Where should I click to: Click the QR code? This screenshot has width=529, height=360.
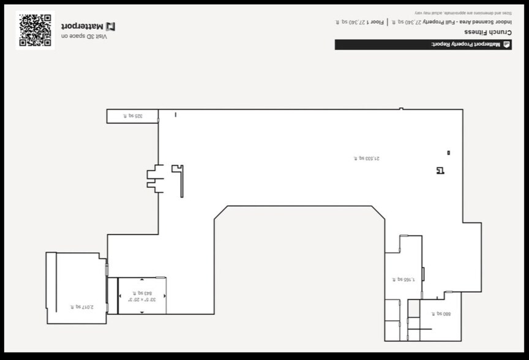(35, 30)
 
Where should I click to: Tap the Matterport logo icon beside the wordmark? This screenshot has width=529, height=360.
(111, 26)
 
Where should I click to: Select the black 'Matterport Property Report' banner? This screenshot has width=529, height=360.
(423, 45)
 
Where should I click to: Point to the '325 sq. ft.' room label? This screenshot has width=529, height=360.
(132, 116)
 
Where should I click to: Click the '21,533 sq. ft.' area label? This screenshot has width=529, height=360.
(367, 158)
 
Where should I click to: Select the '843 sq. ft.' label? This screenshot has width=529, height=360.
(142, 293)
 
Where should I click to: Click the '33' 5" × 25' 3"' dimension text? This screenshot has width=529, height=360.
(142, 300)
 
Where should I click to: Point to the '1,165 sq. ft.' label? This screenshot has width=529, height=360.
(403, 279)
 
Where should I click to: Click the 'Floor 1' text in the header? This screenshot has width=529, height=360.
(378, 22)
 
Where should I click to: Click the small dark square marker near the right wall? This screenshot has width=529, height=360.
(449, 152)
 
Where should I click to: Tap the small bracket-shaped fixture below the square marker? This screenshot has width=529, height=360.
(440, 171)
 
